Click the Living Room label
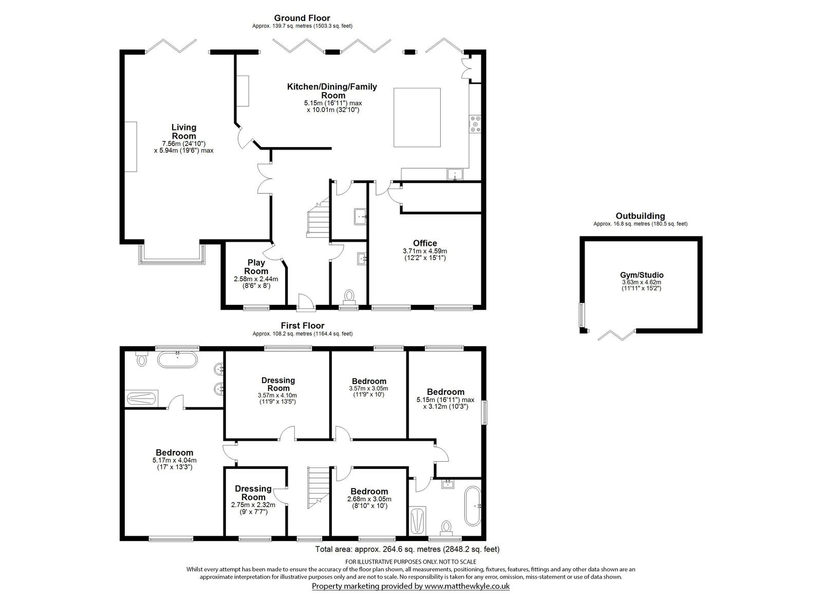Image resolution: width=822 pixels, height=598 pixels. tap(184, 132)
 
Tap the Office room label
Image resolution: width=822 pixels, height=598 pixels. tap(425, 243)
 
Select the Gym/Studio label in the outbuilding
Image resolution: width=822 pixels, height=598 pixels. tap(642, 275)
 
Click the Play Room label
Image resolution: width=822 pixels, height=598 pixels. tap(256, 267)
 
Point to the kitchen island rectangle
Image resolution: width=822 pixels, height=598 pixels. tap(417, 117)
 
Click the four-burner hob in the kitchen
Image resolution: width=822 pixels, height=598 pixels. tap(476, 123)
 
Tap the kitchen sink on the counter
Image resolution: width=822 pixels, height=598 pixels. tap(455, 174)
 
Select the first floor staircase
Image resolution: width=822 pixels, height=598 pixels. tap(319, 487)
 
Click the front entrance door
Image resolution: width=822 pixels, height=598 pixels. tap(306, 302)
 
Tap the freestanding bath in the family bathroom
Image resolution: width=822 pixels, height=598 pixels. tap(473, 506)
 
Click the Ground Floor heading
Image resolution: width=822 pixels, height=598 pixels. tap(302, 17)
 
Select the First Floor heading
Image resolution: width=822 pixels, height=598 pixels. tap(303, 325)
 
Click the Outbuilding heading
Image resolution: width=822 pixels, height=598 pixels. tap(640, 216)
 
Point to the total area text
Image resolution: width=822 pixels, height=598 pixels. tap(407, 549)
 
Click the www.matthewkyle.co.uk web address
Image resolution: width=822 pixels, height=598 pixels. tap(467, 586)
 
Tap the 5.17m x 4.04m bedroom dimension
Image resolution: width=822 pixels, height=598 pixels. tap(174, 460)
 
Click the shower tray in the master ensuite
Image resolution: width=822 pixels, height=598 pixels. tap(142, 398)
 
